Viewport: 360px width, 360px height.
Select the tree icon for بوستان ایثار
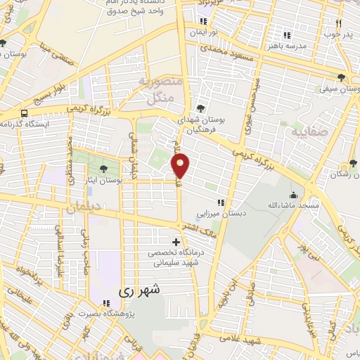(104, 169)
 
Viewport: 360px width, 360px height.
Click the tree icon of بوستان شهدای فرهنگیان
(202, 108)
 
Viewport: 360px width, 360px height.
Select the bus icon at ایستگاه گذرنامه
(25, 113)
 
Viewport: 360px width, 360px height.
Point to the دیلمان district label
(86, 208)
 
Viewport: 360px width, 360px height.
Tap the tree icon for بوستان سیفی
(341, 78)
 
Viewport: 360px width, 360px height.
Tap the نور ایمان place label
(201, 32)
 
